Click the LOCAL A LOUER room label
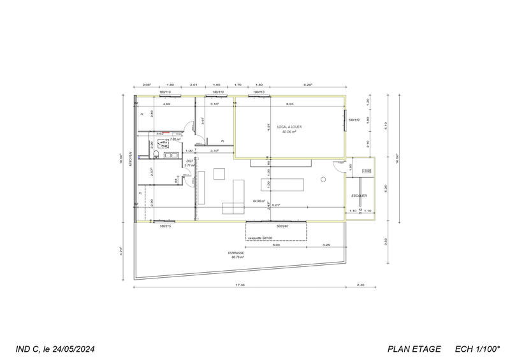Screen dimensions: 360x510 pyautogui.click(x=289, y=127)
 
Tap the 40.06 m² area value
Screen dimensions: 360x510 pyautogui.click(x=289, y=132)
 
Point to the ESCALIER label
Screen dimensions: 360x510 pyautogui.click(x=360, y=195)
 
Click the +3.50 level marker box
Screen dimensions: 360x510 pyautogui.click(x=366, y=171)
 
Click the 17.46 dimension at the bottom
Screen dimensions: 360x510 pyautogui.click(x=239, y=285)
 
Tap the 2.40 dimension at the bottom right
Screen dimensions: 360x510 pyautogui.click(x=361, y=285)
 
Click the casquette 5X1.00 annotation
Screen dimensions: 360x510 pyautogui.click(x=259, y=238)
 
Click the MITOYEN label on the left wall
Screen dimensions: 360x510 pyautogui.click(x=129, y=157)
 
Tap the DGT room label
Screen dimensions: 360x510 pyautogui.click(x=189, y=161)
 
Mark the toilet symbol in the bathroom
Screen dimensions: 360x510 pyautogui.click(x=164, y=143)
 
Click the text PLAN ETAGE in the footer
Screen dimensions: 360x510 pyautogui.click(x=414, y=349)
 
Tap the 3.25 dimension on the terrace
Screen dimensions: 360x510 pyautogui.click(x=326, y=245)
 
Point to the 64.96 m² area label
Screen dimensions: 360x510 pyautogui.click(x=259, y=200)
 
